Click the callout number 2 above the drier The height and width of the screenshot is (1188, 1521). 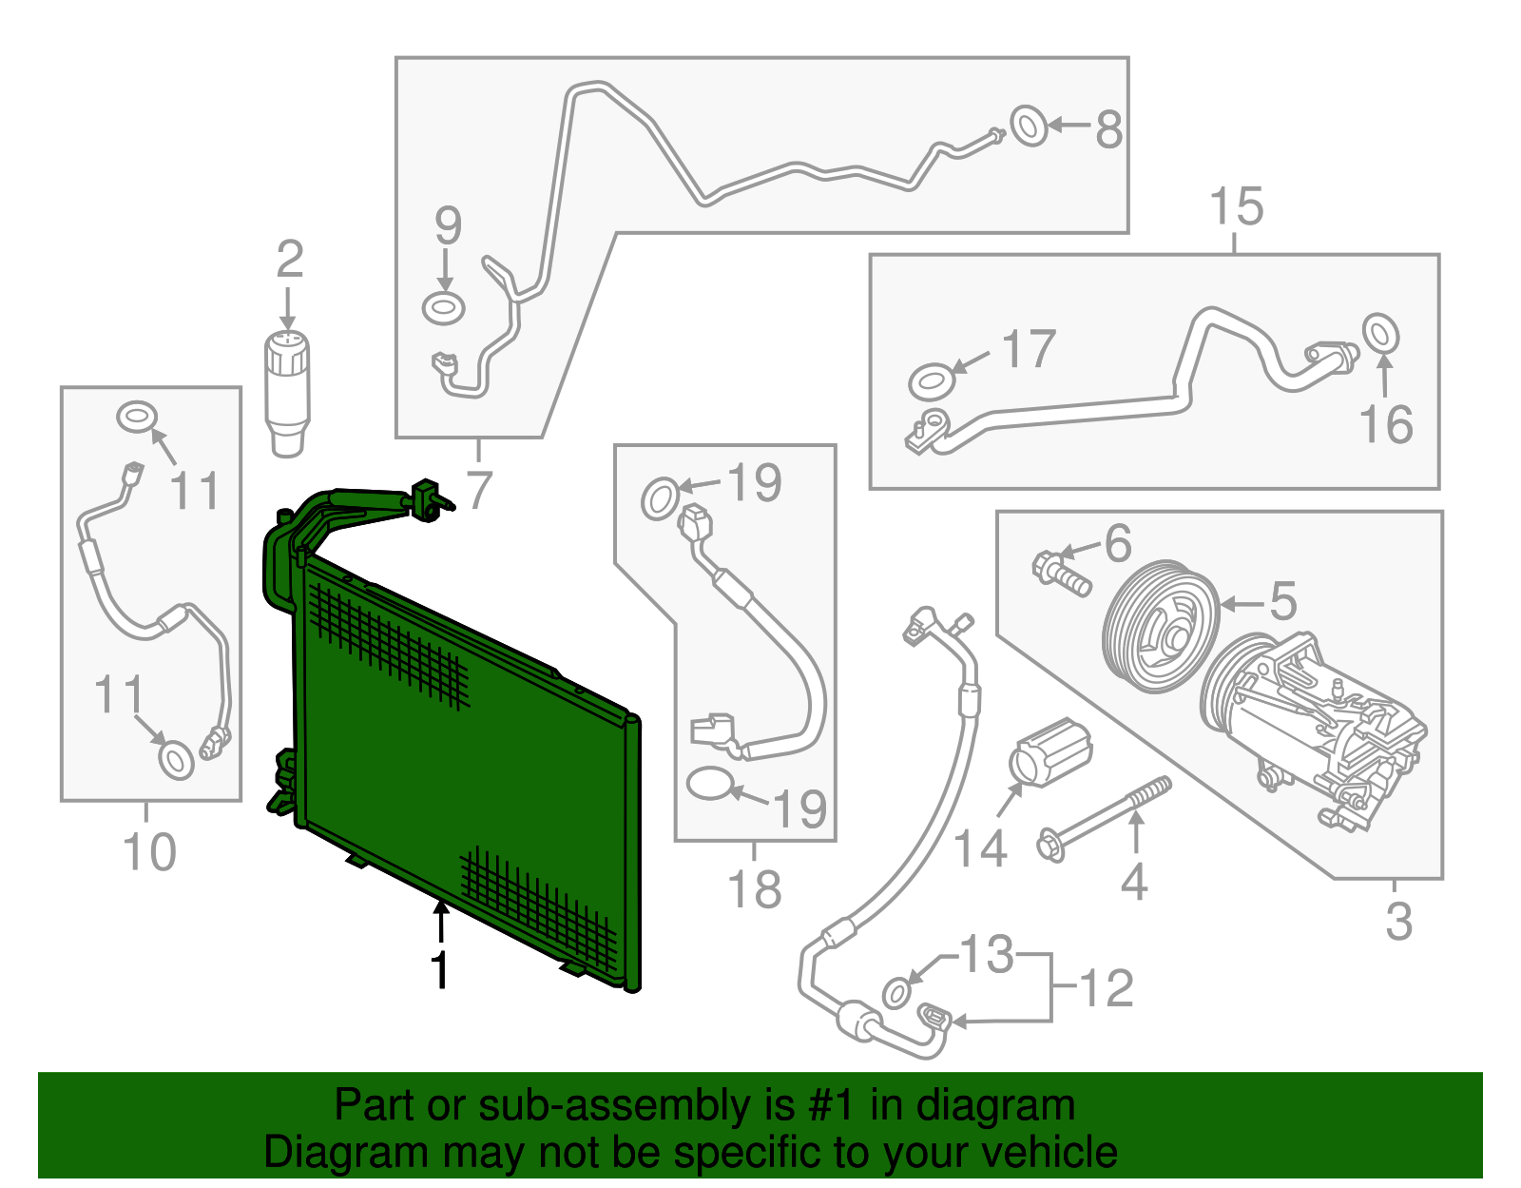click(290, 260)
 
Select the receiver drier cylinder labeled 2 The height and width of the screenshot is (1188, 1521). click(286, 390)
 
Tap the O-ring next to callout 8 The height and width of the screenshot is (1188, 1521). click(1029, 126)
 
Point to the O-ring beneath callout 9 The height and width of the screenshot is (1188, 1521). click(444, 308)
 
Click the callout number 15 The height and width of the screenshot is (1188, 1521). click(1237, 207)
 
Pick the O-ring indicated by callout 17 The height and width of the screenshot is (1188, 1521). click(932, 381)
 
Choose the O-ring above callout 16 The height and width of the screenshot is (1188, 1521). click(1380, 333)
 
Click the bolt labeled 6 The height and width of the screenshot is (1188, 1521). click(1059, 574)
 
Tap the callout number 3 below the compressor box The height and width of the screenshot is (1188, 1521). click(1398, 922)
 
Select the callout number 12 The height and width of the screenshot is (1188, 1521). click(1107, 988)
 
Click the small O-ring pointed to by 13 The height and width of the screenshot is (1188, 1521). click(896, 992)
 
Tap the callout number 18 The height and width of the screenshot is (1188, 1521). click(755, 890)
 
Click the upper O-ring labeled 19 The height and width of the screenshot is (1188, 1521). click(661, 499)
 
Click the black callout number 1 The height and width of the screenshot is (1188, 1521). click(439, 970)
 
